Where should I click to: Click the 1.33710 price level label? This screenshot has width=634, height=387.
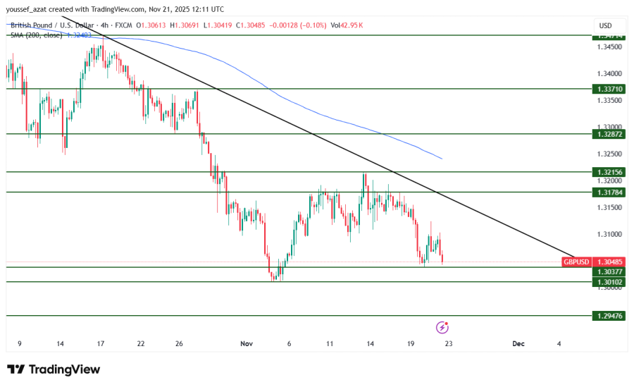[x=609, y=90]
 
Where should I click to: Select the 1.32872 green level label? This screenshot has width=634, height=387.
[x=609, y=133]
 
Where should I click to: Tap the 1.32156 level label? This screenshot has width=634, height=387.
[x=609, y=172]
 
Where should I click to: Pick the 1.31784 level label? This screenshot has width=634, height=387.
[x=609, y=192]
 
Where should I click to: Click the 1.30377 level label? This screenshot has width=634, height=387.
[x=609, y=271]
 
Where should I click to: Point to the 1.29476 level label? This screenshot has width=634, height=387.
[x=609, y=316]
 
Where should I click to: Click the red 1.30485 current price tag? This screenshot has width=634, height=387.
[x=609, y=262]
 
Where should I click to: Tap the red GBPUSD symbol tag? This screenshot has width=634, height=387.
[x=576, y=262]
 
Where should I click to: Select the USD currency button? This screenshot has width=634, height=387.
[x=605, y=25]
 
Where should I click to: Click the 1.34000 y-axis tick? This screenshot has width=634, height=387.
[x=609, y=73]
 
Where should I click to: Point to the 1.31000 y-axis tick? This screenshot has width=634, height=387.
[x=609, y=234]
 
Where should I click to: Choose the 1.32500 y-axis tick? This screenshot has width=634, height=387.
[x=609, y=154]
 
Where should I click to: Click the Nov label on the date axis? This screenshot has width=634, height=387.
[x=246, y=344]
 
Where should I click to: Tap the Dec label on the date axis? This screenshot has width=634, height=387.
[x=518, y=344]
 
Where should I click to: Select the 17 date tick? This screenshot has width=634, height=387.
[x=101, y=344]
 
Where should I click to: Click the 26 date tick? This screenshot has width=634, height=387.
[x=179, y=344]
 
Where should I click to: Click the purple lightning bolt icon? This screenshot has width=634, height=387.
[x=442, y=327]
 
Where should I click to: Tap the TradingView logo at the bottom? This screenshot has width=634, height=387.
[x=54, y=369]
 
